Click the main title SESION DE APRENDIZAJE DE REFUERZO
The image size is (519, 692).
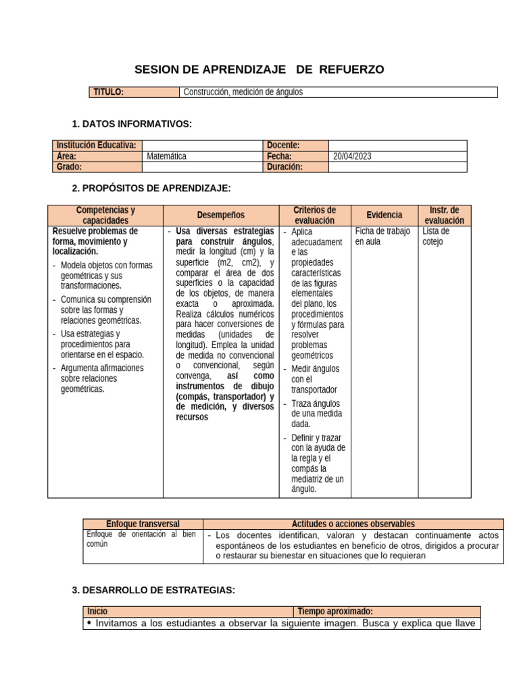pyautogui.click(x=259, y=70)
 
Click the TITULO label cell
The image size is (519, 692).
pyautogui.click(x=108, y=93)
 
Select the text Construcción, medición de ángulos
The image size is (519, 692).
pyautogui.click(x=243, y=93)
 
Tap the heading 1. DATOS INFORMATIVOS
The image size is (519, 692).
pyautogui.click(x=132, y=124)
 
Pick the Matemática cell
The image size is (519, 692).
pyautogui.click(x=166, y=156)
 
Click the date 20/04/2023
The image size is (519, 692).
pyautogui.click(x=352, y=156)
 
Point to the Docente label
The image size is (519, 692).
pyautogui.click(x=283, y=145)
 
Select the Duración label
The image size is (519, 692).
pyautogui.click(x=285, y=167)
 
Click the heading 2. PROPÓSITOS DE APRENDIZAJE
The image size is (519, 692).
pyautogui.click(x=151, y=188)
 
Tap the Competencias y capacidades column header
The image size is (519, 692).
pyautogui.click(x=105, y=216)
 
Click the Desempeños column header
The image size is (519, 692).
pyautogui.click(x=221, y=216)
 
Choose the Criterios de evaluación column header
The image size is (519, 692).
pyautogui.click(x=315, y=216)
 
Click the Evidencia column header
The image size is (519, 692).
pyautogui.click(x=385, y=216)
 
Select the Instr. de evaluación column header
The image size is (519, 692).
pyautogui.click(x=444, y=216)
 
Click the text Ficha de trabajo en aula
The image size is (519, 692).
pyautogui.click(x=382, y=237)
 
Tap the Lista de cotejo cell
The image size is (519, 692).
pyautogui.click(x=436, y=237)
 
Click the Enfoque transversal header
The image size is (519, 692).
pyautogui.click(x=143, y=524)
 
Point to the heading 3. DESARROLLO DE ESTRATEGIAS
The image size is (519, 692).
pyautogui.click(x=153, y=591)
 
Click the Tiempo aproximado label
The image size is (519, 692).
pyautogui.click(x=335, y=612)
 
